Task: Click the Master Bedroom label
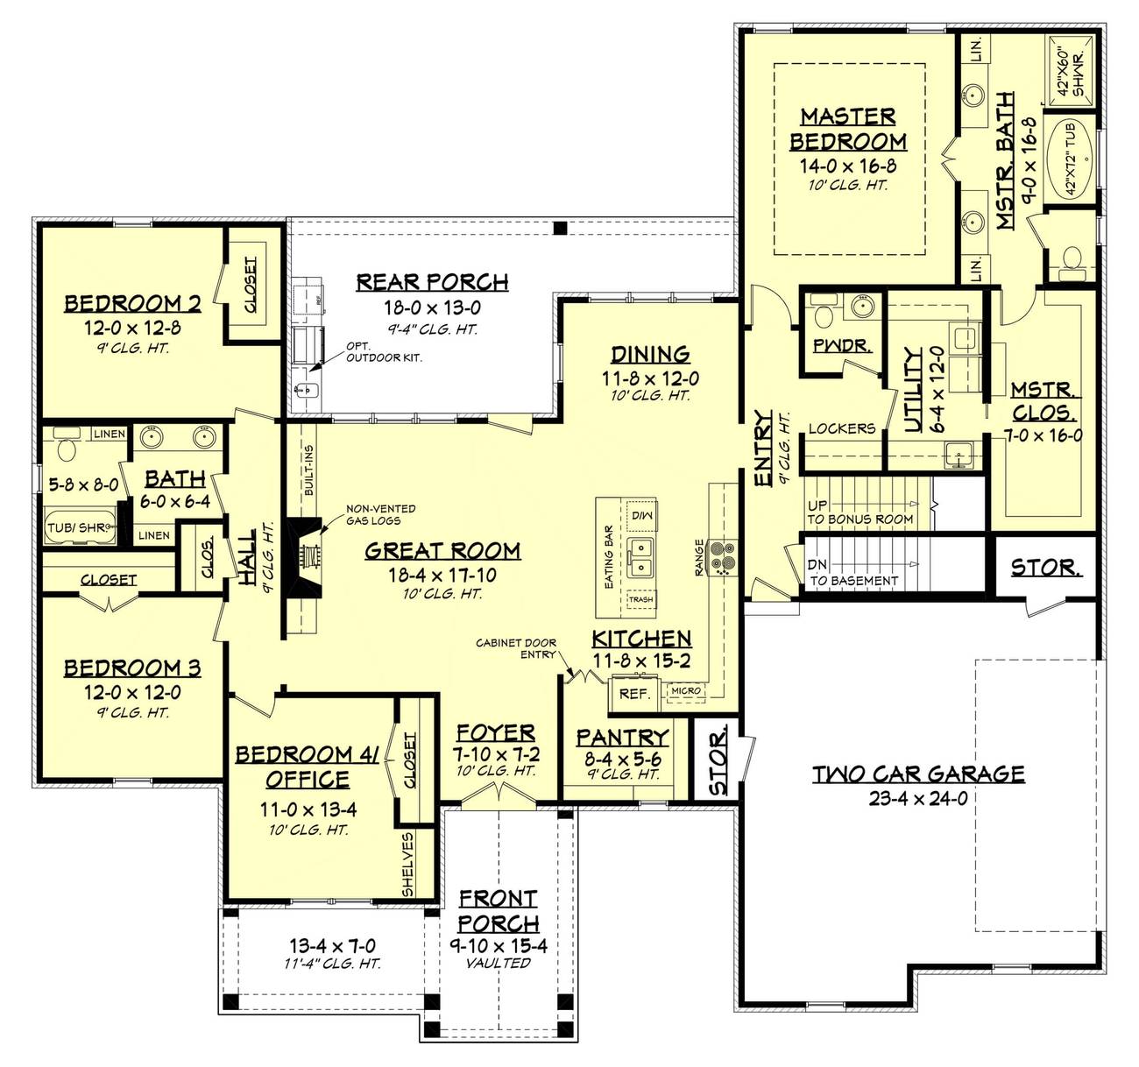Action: coord(847,129)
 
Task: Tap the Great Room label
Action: coord(442,551)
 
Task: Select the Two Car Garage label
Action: coord(917,774)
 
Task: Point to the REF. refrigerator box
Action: coord(634,694)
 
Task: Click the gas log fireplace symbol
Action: coord(308,555)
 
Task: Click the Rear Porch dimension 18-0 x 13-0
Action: coord(432,307)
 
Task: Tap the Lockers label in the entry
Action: coord(841,428)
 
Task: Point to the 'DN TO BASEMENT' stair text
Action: coord(852,573)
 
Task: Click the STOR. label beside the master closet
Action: coord(1043,568)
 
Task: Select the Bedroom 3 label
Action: coord(131,668)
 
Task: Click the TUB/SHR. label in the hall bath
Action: coord(78,527)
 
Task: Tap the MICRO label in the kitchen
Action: coord(686,691)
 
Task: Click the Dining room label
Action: coord(650,355)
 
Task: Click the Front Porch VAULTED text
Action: coord(498,963)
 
